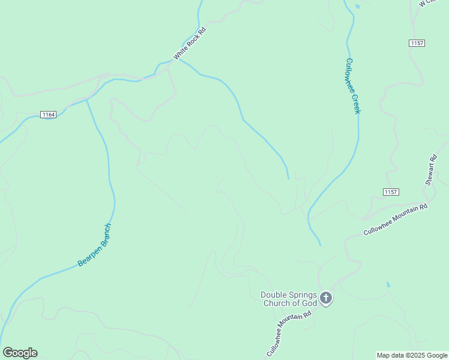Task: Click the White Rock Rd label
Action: click(x=190, y=43)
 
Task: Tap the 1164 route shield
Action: click(x=49, y=115)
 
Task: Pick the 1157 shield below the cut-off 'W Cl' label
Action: click(x=417, y=43)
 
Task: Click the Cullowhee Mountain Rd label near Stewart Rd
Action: click(x=395, y=220)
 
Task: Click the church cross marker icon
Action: click(x=326, y=298)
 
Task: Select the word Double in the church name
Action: click(x=273, y=295)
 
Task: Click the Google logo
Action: click(x=20, y=353)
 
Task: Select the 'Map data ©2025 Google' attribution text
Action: click(x=412, y=355)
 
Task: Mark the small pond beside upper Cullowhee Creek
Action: click(x=358, y=7)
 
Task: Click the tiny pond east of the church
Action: click(x=388, y=284)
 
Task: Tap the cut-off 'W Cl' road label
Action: click(x=428, y=3)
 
